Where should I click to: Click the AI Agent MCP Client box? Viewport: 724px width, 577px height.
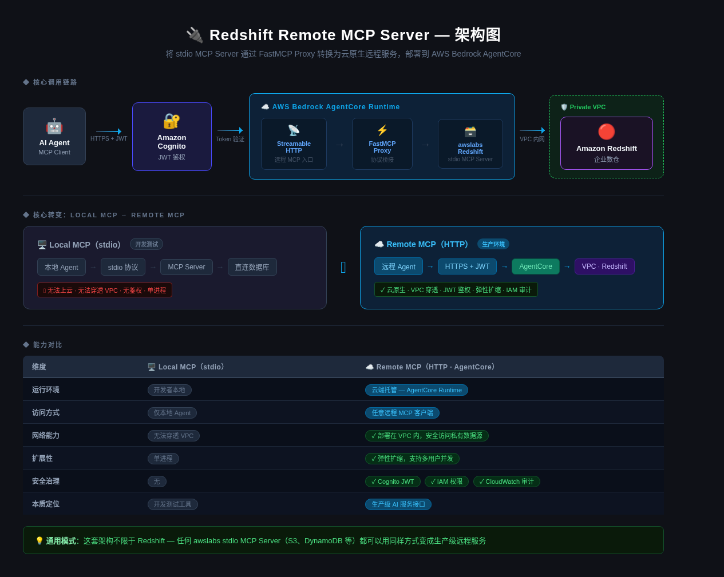54,136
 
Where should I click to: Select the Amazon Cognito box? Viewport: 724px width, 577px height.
172,137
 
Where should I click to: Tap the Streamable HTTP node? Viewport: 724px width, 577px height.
294,144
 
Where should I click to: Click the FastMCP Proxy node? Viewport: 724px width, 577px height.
382,144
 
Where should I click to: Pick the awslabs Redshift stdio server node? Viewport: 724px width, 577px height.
470,144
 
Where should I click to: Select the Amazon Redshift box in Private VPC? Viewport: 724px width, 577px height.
607,143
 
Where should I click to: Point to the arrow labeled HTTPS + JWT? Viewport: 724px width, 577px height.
109,132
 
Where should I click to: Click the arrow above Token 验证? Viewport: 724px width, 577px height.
230,130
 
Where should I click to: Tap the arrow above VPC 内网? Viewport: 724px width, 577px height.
532,130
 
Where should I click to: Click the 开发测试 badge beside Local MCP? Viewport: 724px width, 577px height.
147,244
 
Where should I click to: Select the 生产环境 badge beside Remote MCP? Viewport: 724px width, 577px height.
493,244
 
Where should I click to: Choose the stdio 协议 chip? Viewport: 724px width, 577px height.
123,267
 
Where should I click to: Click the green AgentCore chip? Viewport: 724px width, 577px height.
536,266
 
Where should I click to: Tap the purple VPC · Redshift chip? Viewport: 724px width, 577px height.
604,266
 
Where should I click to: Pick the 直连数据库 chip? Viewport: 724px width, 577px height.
252,267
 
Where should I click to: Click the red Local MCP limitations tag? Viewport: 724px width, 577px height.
105,290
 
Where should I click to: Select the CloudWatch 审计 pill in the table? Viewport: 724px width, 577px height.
507,482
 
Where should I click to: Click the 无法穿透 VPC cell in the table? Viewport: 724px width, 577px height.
173,436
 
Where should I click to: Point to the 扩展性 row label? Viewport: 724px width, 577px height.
42,459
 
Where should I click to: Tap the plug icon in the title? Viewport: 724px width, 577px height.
195,35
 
